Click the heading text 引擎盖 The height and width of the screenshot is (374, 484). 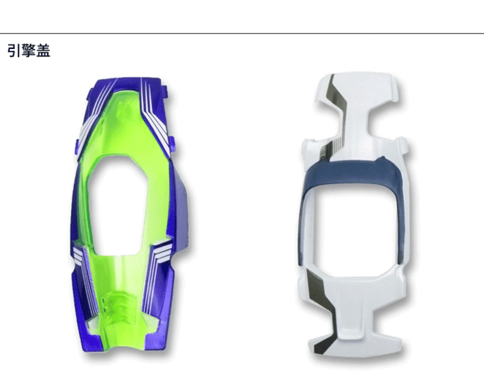point(29,50)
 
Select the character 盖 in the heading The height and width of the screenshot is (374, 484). point(44,50)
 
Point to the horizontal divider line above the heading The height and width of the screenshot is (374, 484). point(242,33)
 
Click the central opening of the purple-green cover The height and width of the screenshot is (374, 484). point(117,205)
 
